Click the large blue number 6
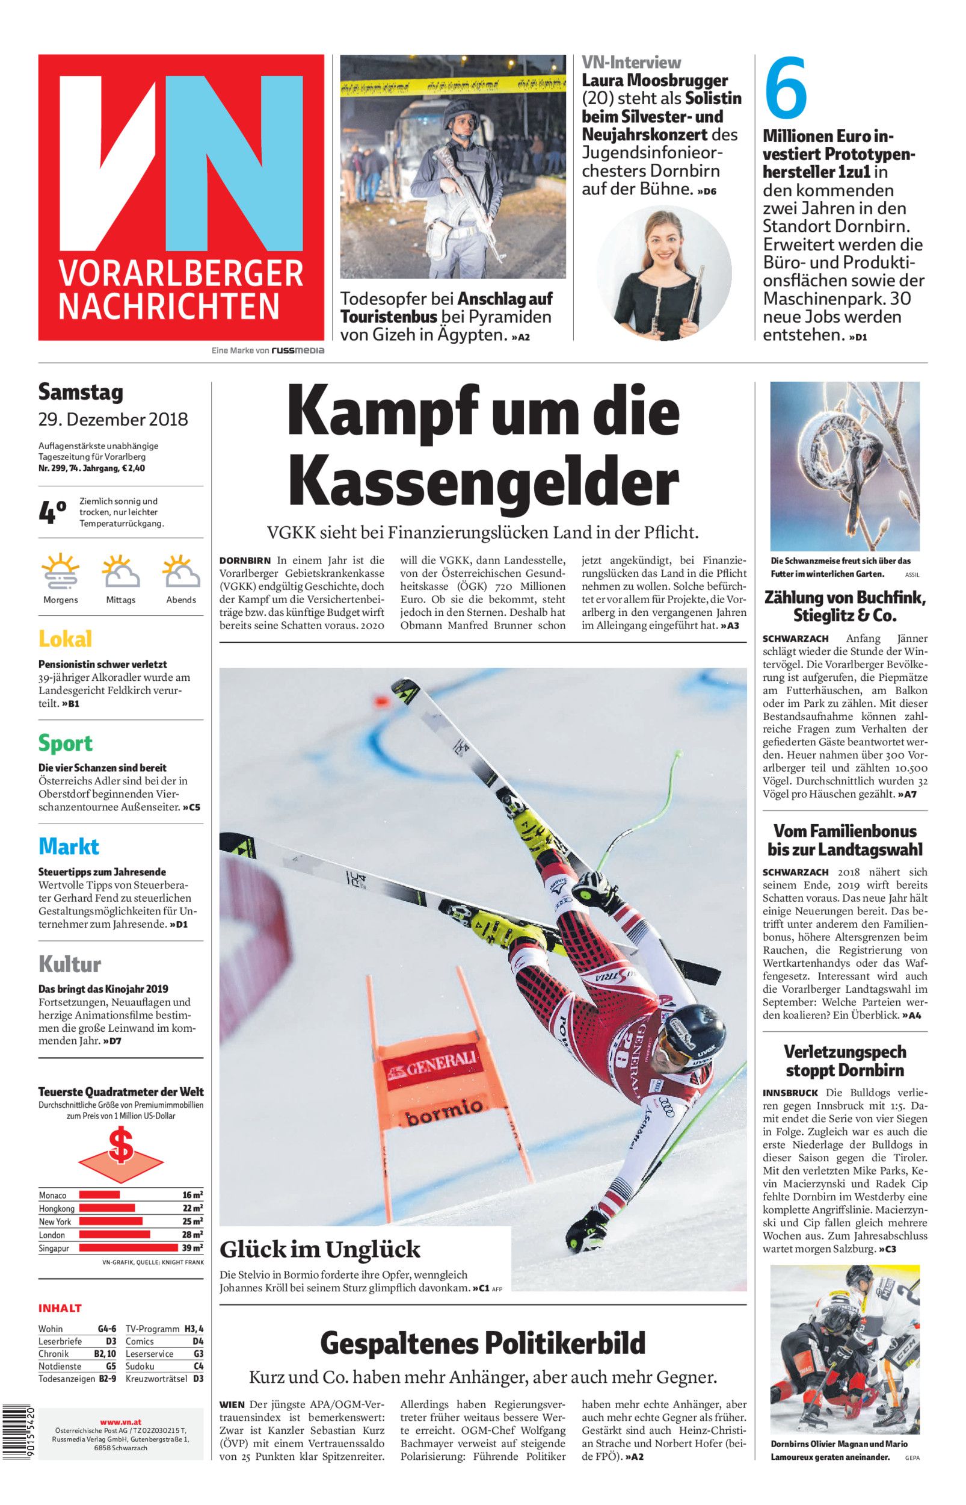click(x=787, y=88)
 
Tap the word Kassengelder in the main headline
click(x=483, y=483)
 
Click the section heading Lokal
click(x=65, y=639)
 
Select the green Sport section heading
click(x=65, y=743)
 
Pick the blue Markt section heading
click(x=69, y=846)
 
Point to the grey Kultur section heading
click(x=70, y=964)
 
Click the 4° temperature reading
click(x=52, y=512)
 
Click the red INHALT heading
click(x=60, y=1309)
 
